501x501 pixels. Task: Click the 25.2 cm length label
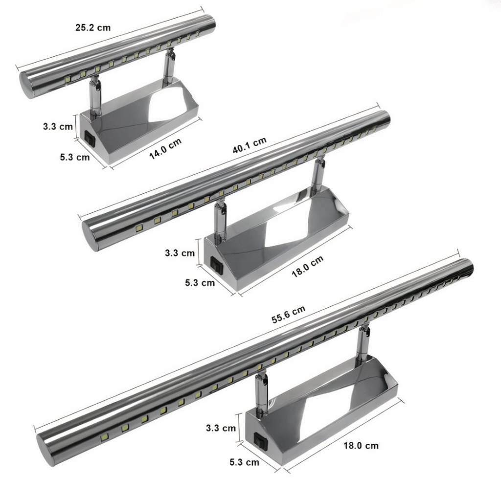[93, 27]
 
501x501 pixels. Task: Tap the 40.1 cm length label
[250, 145]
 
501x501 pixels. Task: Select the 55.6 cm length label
[289, 315]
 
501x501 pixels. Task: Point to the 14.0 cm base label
[165, 149]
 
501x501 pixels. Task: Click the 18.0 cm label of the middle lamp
[307, 267]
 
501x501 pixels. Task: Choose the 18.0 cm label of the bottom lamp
[361, 445]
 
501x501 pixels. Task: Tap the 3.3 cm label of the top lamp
[58, 126]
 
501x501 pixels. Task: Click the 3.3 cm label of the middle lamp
[180, 253]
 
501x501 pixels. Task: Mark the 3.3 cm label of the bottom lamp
[221, 428]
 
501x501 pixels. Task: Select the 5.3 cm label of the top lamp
[75, 157]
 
